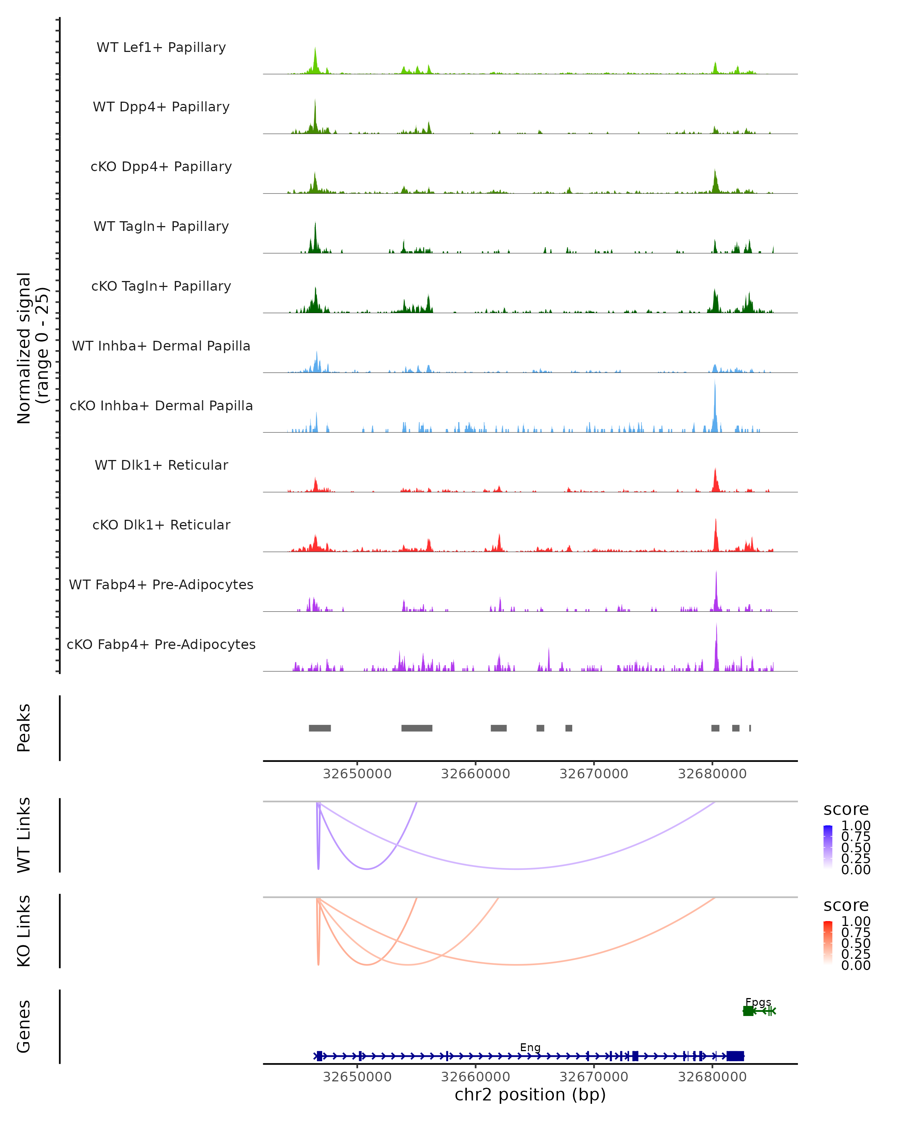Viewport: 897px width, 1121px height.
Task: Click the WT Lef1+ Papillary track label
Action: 161,47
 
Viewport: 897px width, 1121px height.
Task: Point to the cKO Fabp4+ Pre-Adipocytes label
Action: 161,644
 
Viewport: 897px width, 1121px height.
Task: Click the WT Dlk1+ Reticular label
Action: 161,465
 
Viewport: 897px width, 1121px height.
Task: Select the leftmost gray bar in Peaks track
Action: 320,728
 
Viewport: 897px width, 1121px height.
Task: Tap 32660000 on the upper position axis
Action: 475,774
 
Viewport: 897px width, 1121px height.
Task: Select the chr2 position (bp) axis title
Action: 530,1094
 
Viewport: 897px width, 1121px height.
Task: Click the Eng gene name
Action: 530,1047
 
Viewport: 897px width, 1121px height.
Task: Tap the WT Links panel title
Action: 24,834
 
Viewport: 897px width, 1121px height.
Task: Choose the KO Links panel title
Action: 24,931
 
